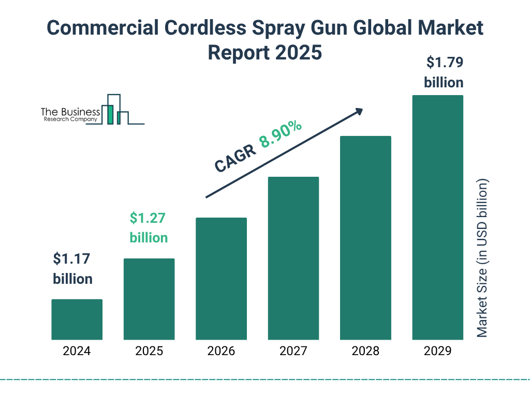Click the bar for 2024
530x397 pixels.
coord(77,319)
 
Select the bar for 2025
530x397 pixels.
coord(149,299)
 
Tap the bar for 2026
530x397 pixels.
coord(221,279)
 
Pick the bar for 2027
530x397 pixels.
coord(293,258)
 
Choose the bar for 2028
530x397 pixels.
coord(365,238)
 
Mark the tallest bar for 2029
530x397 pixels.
coord(437,217)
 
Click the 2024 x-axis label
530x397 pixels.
coord(77,352)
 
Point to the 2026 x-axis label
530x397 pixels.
coord(221,352)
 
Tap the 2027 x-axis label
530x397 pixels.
coord(293,352)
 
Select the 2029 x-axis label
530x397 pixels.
coord(437,352)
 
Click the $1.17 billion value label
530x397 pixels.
coord(73,269)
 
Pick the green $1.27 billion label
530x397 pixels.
coord(149,228)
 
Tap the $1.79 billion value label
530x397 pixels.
coord(444,72)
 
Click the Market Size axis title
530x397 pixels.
coord(482,258)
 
